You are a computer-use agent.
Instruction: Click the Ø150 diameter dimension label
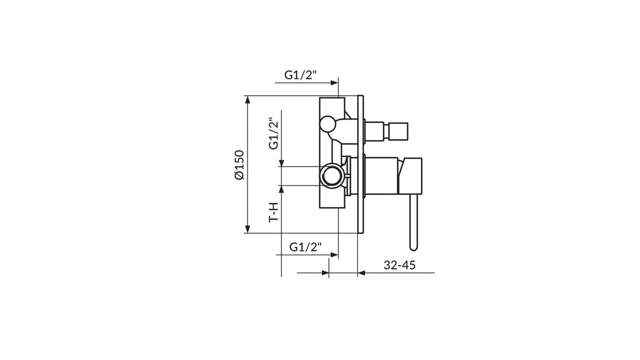pyautogui.click(x=239, y=165)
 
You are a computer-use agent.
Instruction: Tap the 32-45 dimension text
pyautogui.click(x=399, y=265)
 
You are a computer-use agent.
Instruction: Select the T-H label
pyautogui.click(x=274, y=212)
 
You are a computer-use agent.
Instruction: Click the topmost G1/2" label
pyautogui.click(x=300, y=75)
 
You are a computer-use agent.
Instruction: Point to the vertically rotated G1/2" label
pyautogui.click(x=273, y=133)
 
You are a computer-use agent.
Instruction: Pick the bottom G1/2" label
pyautogui.click(x=306, y=247)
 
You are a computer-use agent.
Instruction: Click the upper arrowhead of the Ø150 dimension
pyautogui.click(x=247, y=100)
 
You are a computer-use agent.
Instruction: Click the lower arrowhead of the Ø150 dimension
pyautogui.click(x=247, y=229)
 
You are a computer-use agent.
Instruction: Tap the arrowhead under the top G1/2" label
pyautogui.click(x=334, y=83)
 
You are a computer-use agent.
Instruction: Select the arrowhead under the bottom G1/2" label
pyautogui.click(x=334, y=255)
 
